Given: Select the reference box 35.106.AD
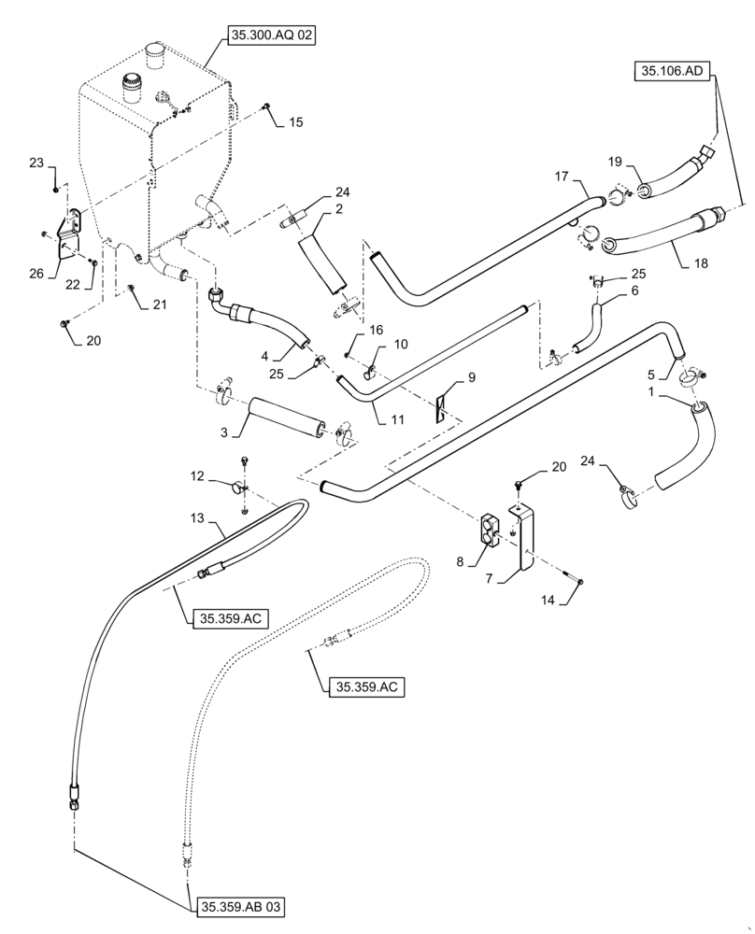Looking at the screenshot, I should [674, 70].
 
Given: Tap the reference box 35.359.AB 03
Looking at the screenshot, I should [240, 906].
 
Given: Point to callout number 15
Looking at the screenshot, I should [295, 122].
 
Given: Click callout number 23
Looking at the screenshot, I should [36, 163].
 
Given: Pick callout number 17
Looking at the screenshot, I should [562, 176].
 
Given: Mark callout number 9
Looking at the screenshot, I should [472, 378].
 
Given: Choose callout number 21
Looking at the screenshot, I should [159, 305].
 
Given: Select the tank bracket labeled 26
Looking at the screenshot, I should [68, 238].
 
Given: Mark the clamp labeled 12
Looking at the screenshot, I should [241, 487].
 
